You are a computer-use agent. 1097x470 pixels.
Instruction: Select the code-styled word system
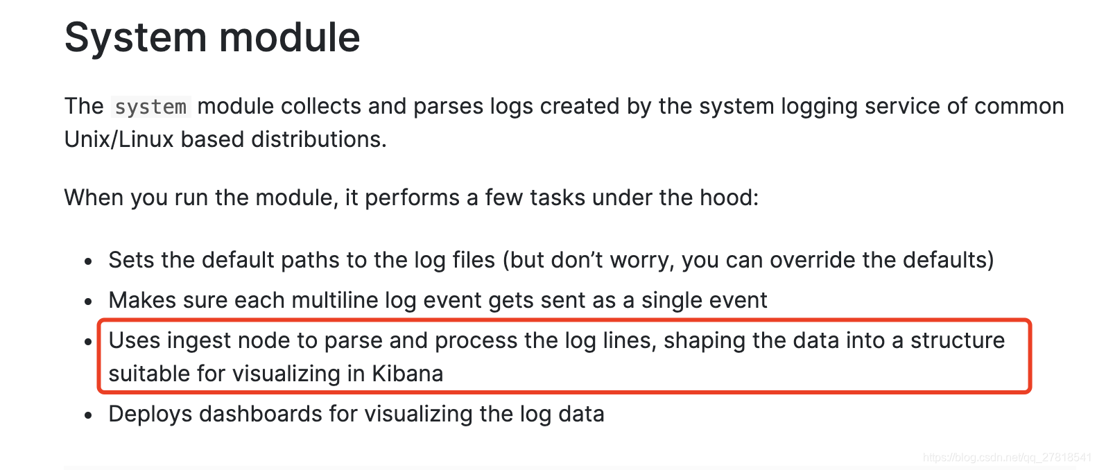tap(150, 107)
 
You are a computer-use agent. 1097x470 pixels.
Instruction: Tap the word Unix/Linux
tap(119, 139)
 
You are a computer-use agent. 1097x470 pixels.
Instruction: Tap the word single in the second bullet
tap(671, 300)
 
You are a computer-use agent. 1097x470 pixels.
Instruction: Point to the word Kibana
tap(407, 374)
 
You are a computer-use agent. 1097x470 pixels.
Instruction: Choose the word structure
tap(957, 340)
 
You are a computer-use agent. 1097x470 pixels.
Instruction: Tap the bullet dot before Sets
tap(88, 262)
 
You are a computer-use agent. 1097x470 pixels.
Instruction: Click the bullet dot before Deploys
tap(88, 416)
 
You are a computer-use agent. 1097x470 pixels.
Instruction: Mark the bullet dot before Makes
tap(88, 302)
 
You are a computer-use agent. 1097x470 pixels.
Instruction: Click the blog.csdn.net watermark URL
tap(1007, 458)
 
